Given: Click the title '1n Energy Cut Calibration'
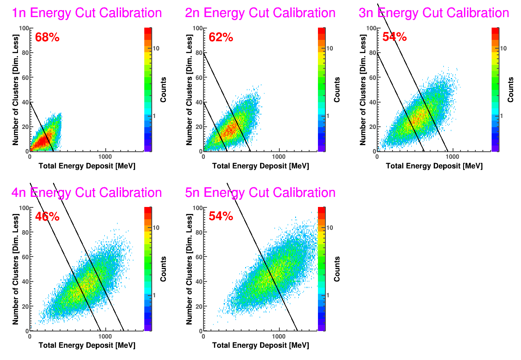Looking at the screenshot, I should (x=87, y=13).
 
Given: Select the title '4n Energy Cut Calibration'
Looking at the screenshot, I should (x=87, y=192).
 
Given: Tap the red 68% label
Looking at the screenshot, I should (x=47, y=37).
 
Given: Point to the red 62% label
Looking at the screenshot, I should (x=221, y=37).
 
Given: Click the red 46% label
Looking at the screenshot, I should (x=47, y=217).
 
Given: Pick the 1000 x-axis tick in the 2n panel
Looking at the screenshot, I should (x=279, y=156).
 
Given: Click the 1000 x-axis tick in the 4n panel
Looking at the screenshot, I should (x=105, y=336).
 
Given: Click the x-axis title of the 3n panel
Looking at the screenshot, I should (x=434, y=166).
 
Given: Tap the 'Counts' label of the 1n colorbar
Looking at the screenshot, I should (x=163, y=90).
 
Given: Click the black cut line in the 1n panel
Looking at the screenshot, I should (x=42, y=127).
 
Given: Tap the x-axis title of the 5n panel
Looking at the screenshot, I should (x=260, y=346).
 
